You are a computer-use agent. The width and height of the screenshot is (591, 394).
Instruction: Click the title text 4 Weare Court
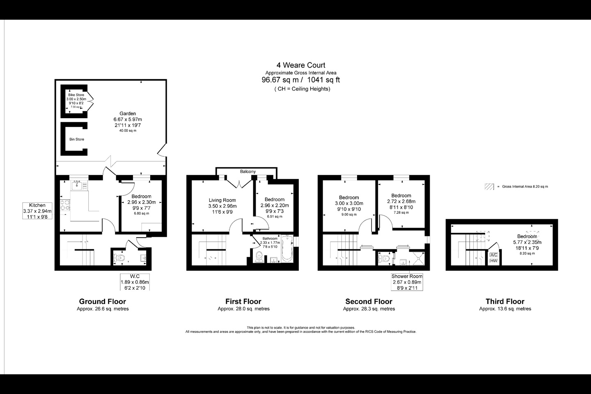[300, 65]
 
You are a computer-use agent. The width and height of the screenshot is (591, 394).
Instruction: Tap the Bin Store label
[76, 140]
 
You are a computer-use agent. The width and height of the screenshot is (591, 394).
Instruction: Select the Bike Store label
[76, 95]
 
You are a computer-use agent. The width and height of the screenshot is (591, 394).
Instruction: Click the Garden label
[128, 114]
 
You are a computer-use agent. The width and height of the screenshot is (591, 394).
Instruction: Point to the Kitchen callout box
[37, 211]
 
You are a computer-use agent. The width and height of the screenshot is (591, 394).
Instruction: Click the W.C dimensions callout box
[135, 282]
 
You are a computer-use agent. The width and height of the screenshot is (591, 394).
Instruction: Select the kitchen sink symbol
[77, 186]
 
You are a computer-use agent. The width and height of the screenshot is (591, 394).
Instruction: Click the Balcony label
[248, 172]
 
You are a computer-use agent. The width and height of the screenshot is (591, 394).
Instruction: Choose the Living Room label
[222, 200]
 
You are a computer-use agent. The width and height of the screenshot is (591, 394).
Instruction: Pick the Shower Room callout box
[407, 282]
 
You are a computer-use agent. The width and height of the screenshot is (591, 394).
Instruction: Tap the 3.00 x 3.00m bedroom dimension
[349, 203]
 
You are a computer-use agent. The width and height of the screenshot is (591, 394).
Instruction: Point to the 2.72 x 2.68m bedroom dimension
[401, 202]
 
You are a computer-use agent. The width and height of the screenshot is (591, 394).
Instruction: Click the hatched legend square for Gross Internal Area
[489, 186]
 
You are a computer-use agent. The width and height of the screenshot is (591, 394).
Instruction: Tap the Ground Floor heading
[103, 302]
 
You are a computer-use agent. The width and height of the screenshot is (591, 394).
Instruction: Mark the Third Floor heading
[505, 302]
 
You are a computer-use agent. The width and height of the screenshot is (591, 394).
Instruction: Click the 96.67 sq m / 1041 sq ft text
[300, 80]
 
